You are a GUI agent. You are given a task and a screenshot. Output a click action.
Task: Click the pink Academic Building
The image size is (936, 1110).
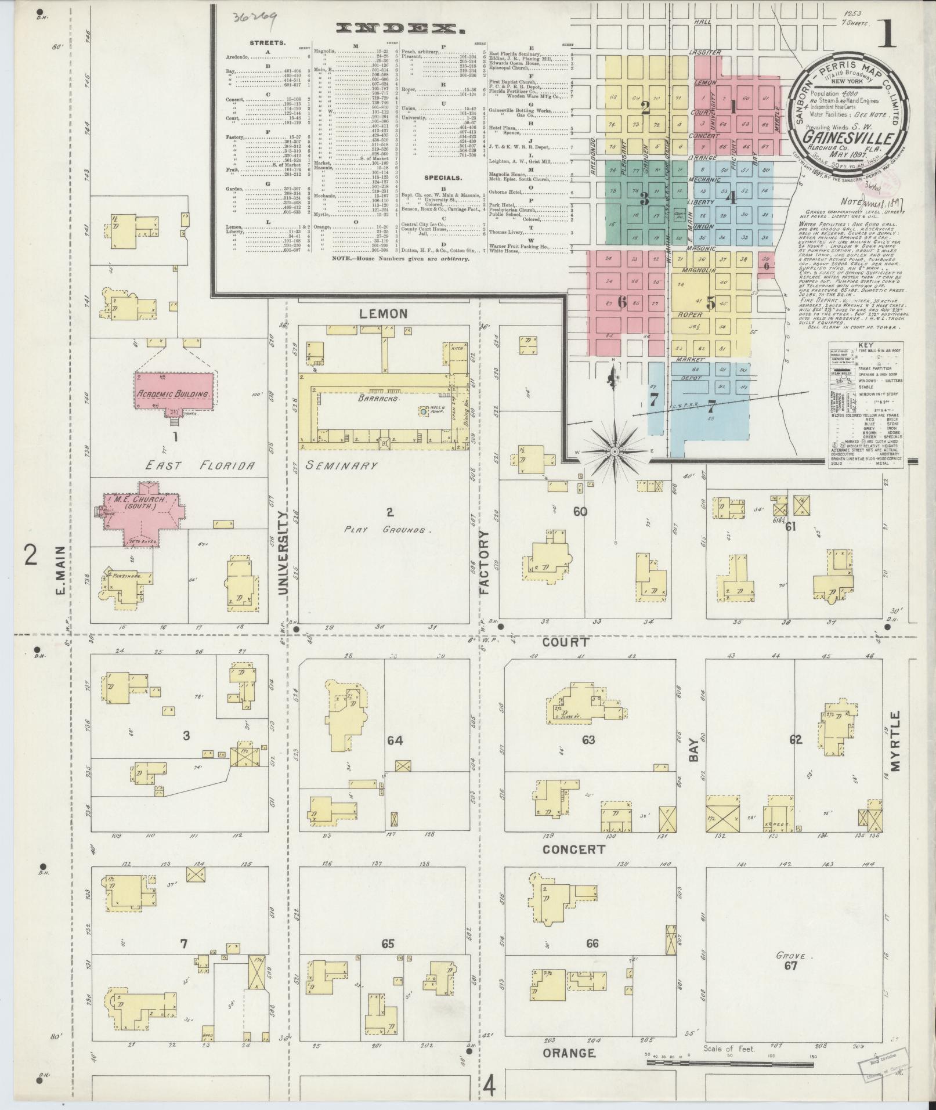pyautogui.click(x=173, y=393)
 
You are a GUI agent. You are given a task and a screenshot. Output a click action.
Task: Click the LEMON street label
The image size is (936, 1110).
pyautogui.click(x=384, y=314)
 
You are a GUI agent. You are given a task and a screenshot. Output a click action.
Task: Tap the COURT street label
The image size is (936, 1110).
pyautogui.click(x=566, y=642)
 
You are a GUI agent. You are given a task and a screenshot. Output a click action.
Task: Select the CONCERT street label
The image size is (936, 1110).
pyautogui.click(x=574, y=849)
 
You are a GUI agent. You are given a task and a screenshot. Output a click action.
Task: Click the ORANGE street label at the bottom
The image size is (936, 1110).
pyautogui.click(x=569, y=1053)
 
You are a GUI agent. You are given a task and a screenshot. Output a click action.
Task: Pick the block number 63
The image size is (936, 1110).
pyautogui.click(x=588, y=739)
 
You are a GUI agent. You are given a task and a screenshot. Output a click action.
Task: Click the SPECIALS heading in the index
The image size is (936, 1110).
pyautogui.click(x=443, y=178)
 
